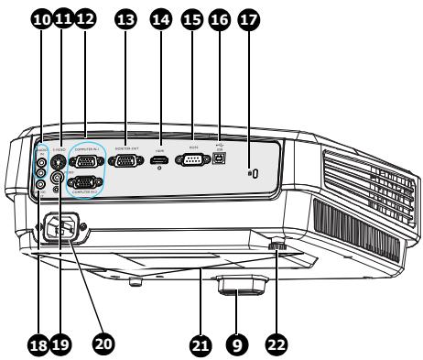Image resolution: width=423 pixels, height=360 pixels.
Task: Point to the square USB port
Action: [x=222, y=161]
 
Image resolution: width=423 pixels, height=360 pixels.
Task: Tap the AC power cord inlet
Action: [x=63, y=226]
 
